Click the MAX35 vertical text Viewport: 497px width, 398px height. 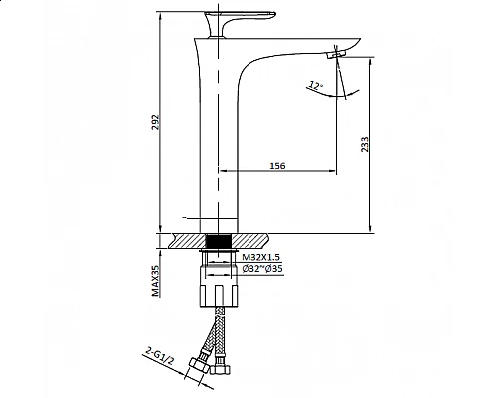[157, 281]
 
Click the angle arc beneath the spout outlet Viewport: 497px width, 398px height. [340, 92]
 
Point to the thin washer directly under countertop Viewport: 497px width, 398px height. [218, 255]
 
